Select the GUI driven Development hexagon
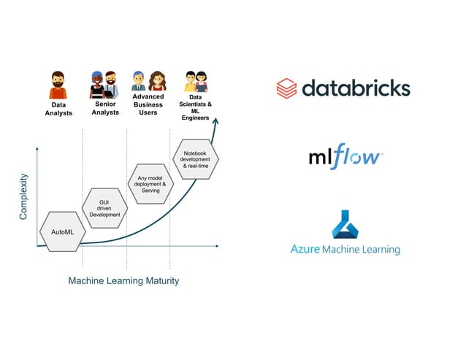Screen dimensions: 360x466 point(104,208)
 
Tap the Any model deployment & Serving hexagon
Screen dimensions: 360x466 point(150,183)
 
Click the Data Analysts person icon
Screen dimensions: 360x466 point(58,85)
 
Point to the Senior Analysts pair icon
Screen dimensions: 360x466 point(104,85)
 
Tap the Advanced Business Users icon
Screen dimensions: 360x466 point(148,81)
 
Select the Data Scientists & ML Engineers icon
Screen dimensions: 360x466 point(196,81)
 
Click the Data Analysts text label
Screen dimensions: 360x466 point(58,109)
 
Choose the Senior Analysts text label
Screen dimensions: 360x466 point(105,108)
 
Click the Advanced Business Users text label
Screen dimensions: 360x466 point(148,104)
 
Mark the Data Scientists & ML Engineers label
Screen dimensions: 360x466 point(196,107)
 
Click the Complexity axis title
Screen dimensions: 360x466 point(24,196)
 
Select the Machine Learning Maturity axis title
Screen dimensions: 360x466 point(123,280)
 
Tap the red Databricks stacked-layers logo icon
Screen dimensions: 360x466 point(286,88)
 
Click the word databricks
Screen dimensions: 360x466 point(356,88)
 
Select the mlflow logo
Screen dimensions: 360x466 point(345,157)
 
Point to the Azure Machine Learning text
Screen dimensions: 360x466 point(345,250)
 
